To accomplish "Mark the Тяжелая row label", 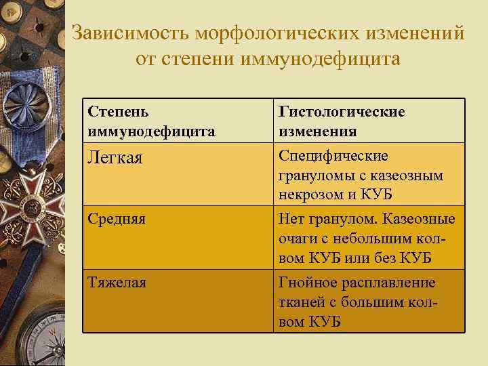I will point(117,282).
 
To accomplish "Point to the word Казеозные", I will point(422,220).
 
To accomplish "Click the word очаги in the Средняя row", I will point(296,239).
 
